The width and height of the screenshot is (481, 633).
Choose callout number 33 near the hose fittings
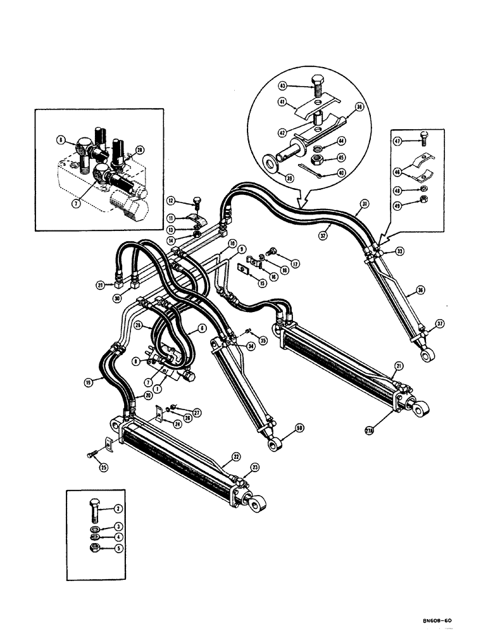399,251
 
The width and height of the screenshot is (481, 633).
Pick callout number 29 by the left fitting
101,285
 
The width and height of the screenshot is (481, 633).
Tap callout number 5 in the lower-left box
117,548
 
